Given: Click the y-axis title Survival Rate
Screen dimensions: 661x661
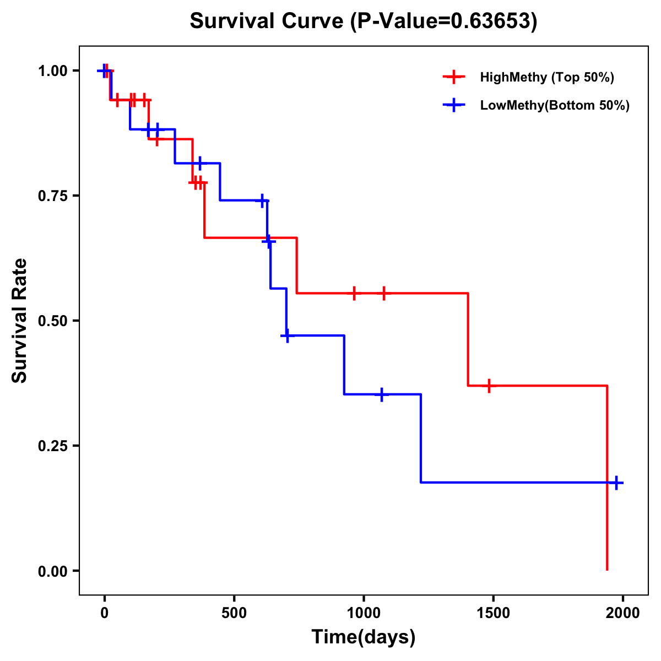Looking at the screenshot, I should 20,320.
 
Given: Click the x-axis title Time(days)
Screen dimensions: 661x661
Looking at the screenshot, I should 364,637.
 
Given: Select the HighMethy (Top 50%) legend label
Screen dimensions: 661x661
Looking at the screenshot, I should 546,77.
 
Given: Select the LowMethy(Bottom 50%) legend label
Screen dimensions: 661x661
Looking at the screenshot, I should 555,105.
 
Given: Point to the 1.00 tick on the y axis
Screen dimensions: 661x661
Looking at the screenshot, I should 52,71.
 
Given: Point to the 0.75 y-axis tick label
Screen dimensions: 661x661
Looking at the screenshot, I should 52,196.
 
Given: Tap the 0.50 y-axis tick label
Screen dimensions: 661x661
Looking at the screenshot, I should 52,321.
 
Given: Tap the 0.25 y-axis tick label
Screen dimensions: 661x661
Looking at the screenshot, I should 52,446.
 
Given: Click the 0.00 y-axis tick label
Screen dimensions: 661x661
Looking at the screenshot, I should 52,571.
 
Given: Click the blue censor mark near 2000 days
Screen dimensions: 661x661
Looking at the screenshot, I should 617,483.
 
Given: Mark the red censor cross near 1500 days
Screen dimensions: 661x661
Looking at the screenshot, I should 489,386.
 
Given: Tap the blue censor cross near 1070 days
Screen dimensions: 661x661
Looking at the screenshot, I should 381,394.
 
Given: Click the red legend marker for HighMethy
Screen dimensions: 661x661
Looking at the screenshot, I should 453,77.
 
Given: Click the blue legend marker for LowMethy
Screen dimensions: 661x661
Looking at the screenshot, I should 453,105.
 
